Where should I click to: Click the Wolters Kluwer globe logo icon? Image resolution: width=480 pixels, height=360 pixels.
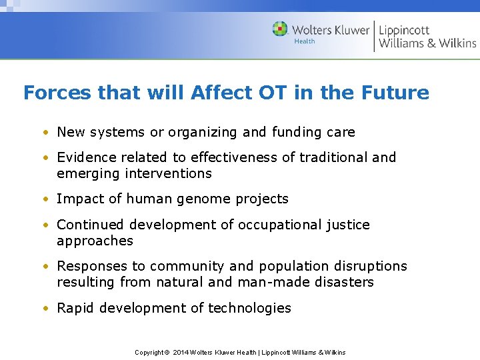click(280, 29)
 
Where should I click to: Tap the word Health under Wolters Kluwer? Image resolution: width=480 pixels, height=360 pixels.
click(305, 41)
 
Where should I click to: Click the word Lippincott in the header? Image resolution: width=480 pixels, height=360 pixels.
click(404, 29)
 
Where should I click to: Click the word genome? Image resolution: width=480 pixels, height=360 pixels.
click(208, 199)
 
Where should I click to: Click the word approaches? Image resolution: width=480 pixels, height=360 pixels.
click(95, 241)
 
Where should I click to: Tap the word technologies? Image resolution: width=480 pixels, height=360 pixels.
click(249, 308)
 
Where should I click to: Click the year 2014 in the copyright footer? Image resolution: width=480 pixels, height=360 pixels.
click(181, 352)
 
